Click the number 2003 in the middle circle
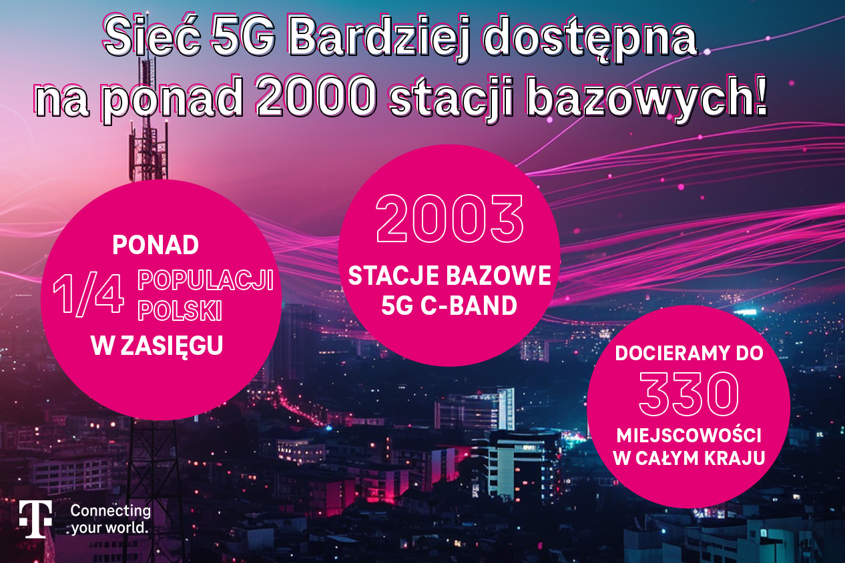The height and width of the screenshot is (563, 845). click(450, 218)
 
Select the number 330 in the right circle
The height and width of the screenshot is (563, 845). click(689, 394)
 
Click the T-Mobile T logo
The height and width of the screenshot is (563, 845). click(36, 519)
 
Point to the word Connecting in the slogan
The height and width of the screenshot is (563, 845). click(111, 511)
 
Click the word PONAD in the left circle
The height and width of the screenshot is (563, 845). click(156, 245)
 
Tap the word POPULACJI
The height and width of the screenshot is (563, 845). click(206, 280)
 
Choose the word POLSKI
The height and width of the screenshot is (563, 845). click(180, 310)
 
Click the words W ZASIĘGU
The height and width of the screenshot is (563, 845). click(157, 345)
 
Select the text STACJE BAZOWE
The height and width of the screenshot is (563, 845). click(449, 275)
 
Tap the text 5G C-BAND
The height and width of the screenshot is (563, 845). click(449, 305)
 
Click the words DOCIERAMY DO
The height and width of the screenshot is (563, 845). click(689, 354)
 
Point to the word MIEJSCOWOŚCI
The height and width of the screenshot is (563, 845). click(689, 435)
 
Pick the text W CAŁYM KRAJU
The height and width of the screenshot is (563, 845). click(689, 458)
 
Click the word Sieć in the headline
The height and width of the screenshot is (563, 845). click(152, 37)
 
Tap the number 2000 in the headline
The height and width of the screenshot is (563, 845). click(317, 95)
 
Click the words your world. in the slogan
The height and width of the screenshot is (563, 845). click(109, 528)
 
